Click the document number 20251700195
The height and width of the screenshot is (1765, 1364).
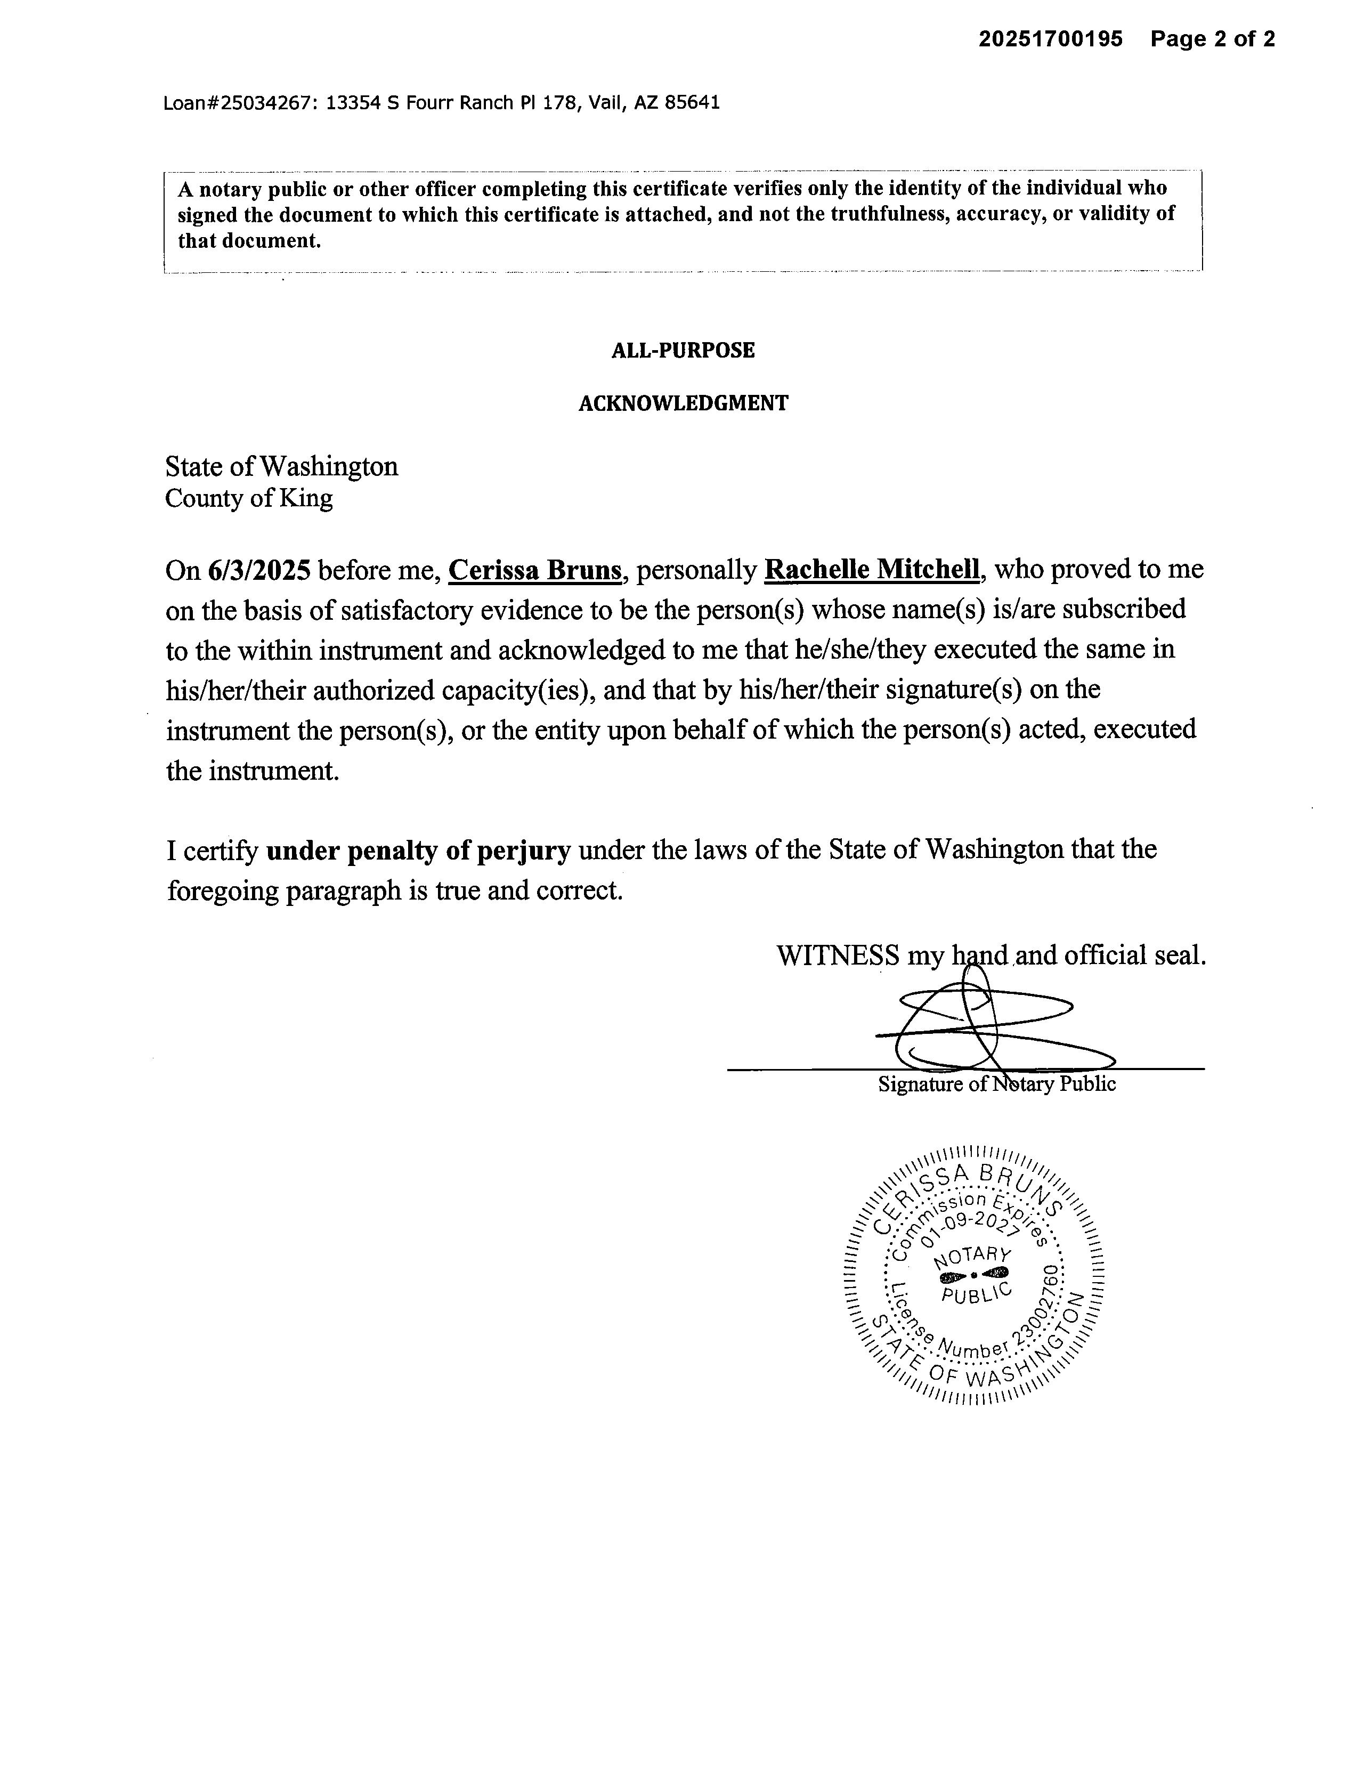pos(1051,39)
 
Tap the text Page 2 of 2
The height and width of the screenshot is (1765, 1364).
pos(1212,39)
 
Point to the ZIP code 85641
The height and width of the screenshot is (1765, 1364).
pos(692,103)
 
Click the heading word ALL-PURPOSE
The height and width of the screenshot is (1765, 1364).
pos(683,351)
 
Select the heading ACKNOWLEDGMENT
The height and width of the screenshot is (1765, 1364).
pos(683,403)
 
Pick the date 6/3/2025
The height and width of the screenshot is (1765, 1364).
pos(258,571)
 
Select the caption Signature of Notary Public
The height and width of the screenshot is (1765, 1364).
pos(996,1084)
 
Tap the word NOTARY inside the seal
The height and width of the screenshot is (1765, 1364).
pos(972,1257)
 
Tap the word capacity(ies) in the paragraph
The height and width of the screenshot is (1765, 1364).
pos(517,690)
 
